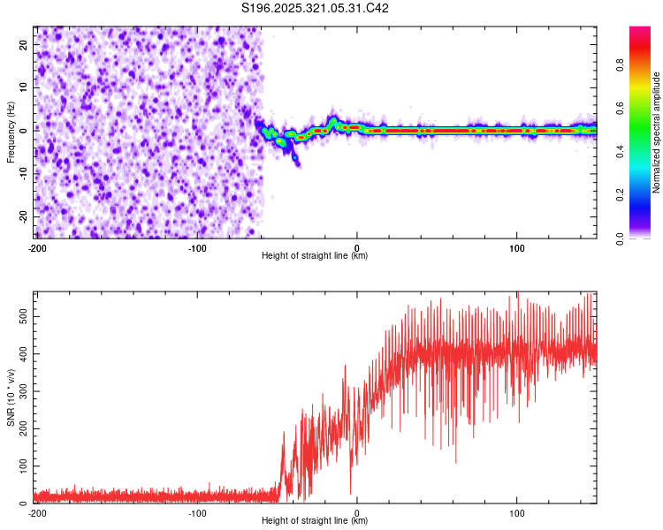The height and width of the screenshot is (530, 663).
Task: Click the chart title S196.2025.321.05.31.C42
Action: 316,8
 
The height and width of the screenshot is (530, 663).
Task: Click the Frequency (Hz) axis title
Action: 11,132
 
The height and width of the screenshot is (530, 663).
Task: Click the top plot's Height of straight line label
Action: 315,256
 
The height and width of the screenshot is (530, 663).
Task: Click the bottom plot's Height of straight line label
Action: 315,521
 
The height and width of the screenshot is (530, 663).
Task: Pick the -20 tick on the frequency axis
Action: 23,217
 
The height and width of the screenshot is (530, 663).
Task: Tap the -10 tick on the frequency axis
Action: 23,174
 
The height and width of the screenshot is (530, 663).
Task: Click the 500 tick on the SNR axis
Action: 20,314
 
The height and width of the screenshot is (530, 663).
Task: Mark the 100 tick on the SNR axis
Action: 20,465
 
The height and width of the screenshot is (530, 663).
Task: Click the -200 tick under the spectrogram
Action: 37,247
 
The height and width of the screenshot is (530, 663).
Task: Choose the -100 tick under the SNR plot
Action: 197,512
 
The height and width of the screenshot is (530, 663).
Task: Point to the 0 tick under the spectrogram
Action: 357,247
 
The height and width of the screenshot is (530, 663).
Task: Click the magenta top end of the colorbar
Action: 640,31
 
